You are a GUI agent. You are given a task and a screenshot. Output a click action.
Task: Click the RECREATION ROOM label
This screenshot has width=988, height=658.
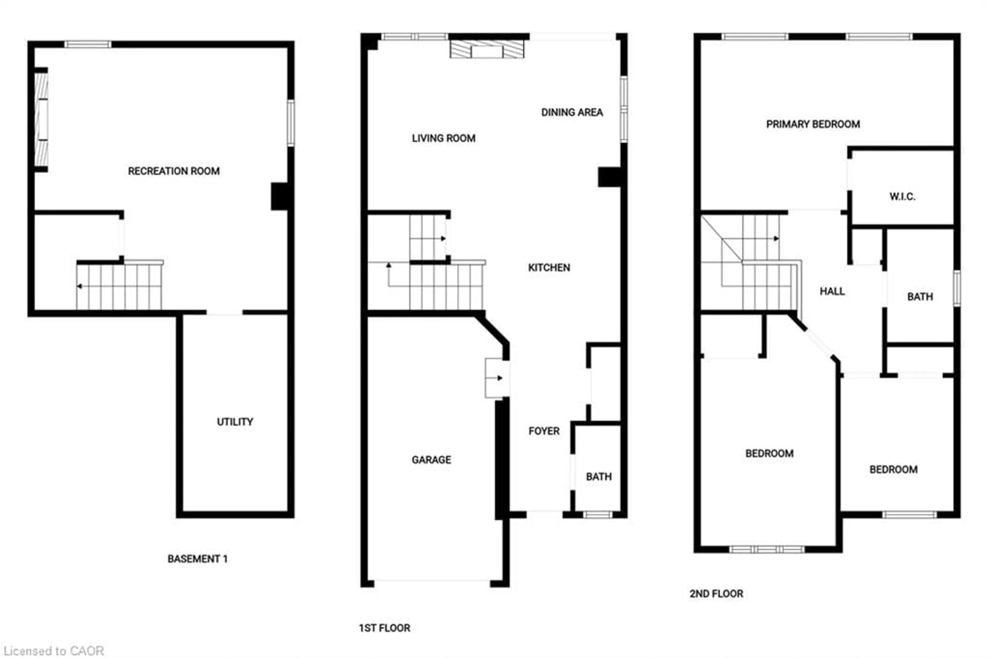[x=173, y=171]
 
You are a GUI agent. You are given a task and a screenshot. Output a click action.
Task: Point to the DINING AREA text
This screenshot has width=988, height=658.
[x=572, y=112]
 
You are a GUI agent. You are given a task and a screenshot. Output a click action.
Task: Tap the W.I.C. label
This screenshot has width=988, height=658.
[x=902, y=196]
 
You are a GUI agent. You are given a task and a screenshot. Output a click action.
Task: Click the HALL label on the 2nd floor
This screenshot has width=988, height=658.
[x=832, y=291]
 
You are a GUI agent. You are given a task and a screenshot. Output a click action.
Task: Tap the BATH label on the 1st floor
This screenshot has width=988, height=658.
[x=598, y=477]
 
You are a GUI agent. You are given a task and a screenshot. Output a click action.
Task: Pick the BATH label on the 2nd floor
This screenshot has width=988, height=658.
[x=920, y=297]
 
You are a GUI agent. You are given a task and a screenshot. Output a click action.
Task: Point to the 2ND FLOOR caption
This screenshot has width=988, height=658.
[x=716, y=593]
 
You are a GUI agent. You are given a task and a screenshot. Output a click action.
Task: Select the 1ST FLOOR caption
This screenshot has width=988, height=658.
[x=384, y=628]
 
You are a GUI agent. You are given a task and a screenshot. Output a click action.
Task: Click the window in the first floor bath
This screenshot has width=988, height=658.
[x=598, y=514]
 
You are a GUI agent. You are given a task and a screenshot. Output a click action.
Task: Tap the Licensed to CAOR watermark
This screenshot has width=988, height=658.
[x=54, y=651]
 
